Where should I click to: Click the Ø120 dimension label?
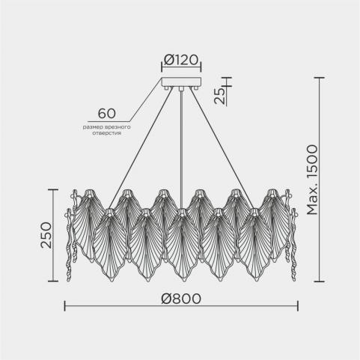point(181,60)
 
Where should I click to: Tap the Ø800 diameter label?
point(181,299)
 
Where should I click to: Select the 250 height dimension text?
point(46,235)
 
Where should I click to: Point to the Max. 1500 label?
point(312,180)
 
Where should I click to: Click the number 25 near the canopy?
point(220,96)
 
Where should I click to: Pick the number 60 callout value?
point(107,114)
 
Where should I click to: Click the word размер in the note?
point(91,127)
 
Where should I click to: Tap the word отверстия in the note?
point(107,133)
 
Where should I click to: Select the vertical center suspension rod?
point(181,150)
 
